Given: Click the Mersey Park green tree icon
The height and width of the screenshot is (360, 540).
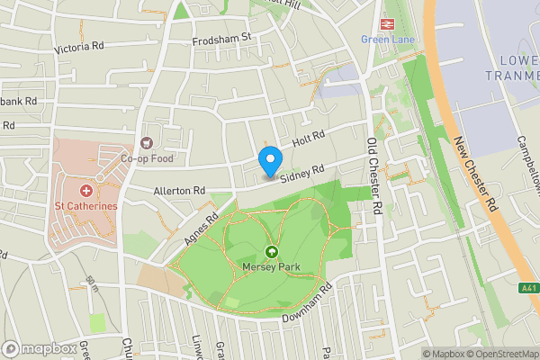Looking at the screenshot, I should pos(271,254).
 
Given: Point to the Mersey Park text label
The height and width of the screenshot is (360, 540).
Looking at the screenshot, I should pos(271,267).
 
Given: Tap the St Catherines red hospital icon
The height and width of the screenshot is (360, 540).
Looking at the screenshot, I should pos(87,191).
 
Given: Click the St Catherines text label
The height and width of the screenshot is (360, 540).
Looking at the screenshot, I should pos(86,206).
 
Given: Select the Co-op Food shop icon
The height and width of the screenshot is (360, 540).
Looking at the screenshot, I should pos(146,143).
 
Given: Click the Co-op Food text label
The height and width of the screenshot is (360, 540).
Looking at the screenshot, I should pos(146,157).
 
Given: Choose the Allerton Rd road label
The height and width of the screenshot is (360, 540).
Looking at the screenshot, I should pos(179,191).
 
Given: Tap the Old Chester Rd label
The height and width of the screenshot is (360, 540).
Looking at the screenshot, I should pos(373,175).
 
